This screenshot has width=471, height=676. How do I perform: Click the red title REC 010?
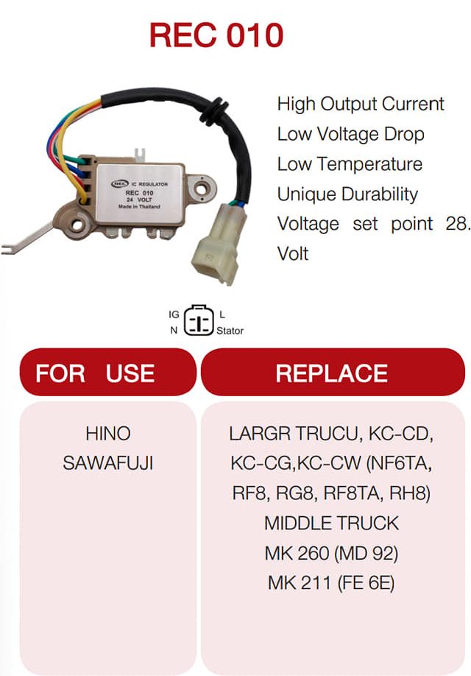tap(216, 35)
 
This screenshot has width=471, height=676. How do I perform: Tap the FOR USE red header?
tap(107, 372)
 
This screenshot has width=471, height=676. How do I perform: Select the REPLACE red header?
tap(333, 372)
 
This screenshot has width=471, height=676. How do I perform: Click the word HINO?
tap(107, 433)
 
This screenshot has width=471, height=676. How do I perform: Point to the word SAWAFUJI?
tap(107, 463)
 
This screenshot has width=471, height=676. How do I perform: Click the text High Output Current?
tap(361, 104)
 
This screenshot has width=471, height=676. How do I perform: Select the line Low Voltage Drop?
tap(350, 134)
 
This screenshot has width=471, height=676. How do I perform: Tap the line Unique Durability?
tap(347, 194)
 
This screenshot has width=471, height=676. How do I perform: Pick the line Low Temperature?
tap(350, 163)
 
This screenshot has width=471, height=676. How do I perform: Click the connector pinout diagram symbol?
tap(199, 320)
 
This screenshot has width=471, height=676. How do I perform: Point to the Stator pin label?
tap(230, 331)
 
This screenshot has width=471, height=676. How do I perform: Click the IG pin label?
tap(174, 314)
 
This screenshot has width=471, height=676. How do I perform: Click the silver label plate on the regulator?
tap(140, 194)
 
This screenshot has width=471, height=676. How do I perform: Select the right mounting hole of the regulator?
tap(200, 188)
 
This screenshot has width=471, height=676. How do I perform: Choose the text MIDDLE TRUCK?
tap(331, 523)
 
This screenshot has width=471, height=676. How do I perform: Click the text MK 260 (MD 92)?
tap(331, 553)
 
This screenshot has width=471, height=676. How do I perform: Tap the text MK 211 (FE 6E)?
tap(331, 583)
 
